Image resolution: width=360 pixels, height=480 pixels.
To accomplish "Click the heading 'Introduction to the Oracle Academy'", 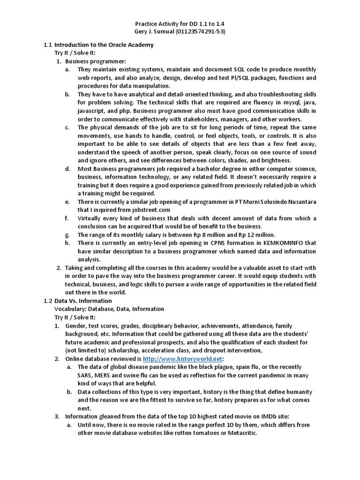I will point(104,45).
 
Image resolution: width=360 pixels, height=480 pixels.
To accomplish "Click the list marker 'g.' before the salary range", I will point(67,234).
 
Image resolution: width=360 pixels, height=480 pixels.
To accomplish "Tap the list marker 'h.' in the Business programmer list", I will point(67,243).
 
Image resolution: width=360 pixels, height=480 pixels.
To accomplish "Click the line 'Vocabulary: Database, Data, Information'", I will point(109,309).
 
